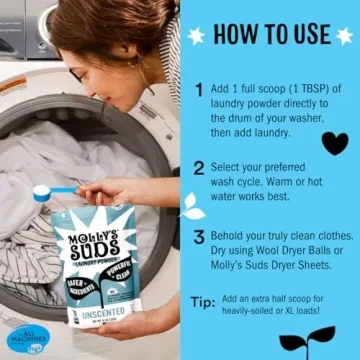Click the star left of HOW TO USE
(x=196, y=35)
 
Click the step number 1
(x=200, y=91)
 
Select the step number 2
(x=200, y=168)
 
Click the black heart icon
(x=335, y=142)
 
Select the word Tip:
(x=201, y=303)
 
